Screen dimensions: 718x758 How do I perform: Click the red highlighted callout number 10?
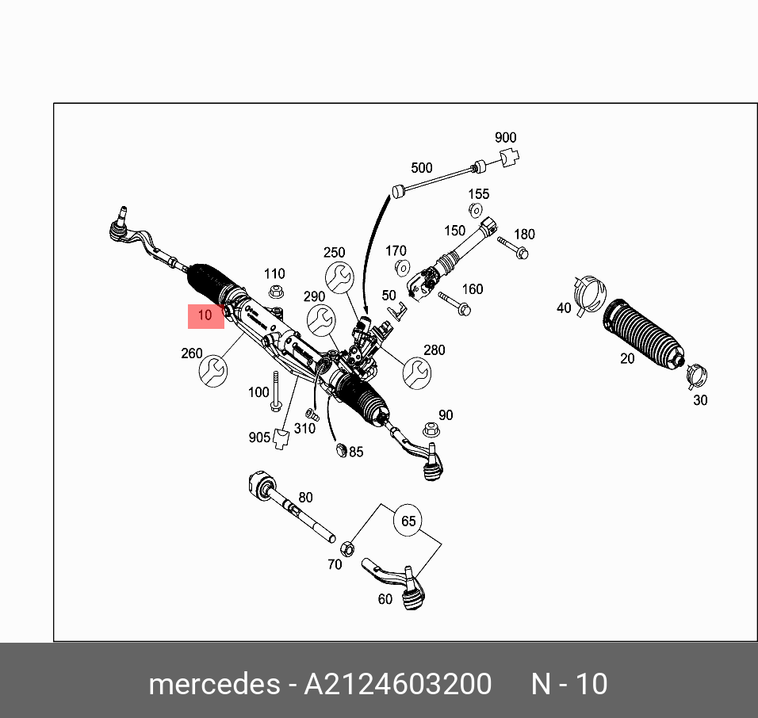(205, 315)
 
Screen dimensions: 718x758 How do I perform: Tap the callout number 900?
(505, 138)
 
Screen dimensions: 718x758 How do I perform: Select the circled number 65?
(408, 521)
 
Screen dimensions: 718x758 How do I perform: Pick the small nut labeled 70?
(346, 548)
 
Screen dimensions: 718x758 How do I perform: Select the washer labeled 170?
(401, 266)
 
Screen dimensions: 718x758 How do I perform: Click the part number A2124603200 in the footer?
(397, 683)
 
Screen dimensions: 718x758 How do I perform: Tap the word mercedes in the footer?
(213, 683)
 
